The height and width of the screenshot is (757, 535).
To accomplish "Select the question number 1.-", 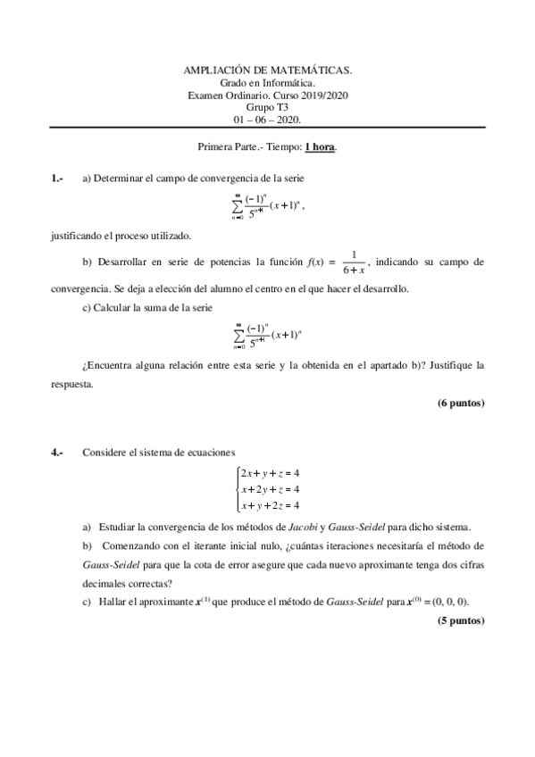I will (x=57, y=178).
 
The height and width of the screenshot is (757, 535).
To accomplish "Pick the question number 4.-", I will (x=57, y=453).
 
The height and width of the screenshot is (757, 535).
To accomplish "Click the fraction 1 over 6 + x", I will (x=354, y=262).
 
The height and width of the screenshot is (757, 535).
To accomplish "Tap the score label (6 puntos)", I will (x=460, y=403).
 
